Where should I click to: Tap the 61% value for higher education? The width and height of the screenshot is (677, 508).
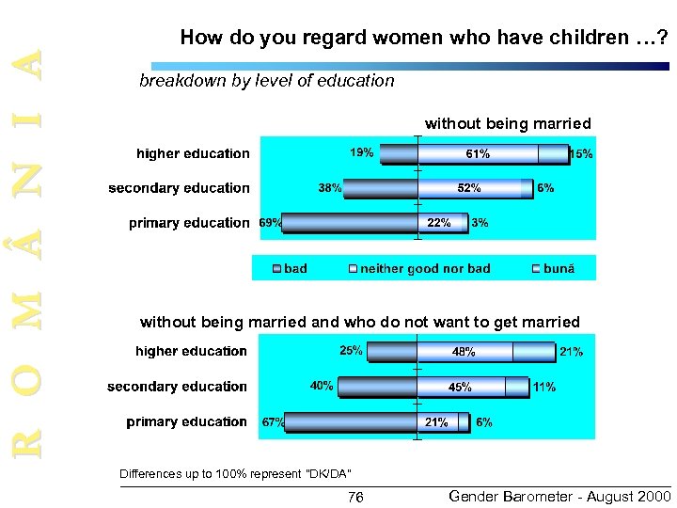[x=477, y=153]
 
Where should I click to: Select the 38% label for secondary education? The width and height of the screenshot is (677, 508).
[x=329, y=188]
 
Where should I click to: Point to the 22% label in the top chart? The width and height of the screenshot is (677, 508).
[x=439, y=223]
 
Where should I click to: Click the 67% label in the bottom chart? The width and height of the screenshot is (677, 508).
[x=273, y=422]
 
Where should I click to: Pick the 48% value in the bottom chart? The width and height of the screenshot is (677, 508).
[x=464, y=352]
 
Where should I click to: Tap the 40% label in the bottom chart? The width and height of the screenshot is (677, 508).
[x=321, y=387]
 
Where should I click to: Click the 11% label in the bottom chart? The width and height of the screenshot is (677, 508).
[x=543, y=387]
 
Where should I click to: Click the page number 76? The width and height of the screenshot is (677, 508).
[x=355, y=497]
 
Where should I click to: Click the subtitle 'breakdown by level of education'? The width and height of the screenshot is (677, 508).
[x=267, y=81]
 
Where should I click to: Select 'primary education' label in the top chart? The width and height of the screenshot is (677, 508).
[x=189, y=223]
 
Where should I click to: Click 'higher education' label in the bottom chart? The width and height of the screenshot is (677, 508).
[x=191, y=351]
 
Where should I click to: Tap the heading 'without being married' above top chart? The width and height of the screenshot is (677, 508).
[x=508, y=123]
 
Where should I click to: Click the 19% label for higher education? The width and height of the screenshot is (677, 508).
[x=362, y=151]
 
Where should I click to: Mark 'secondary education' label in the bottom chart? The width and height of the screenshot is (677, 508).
[x=177, y=387]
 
